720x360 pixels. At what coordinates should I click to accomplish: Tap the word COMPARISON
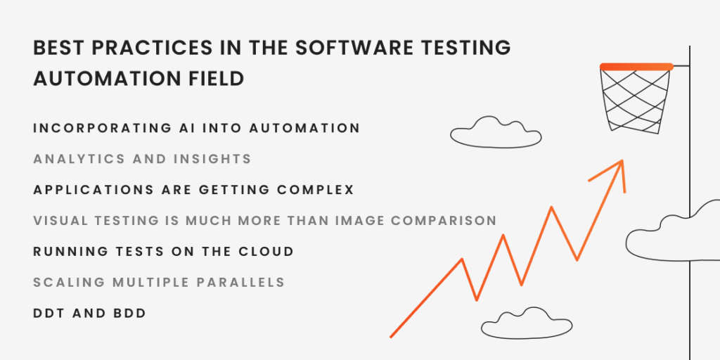[444, 221]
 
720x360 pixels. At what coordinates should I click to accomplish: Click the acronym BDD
[129, 314]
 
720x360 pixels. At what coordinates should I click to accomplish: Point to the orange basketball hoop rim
[636, 67]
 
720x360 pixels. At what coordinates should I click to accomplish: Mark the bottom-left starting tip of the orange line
[390, 337]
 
